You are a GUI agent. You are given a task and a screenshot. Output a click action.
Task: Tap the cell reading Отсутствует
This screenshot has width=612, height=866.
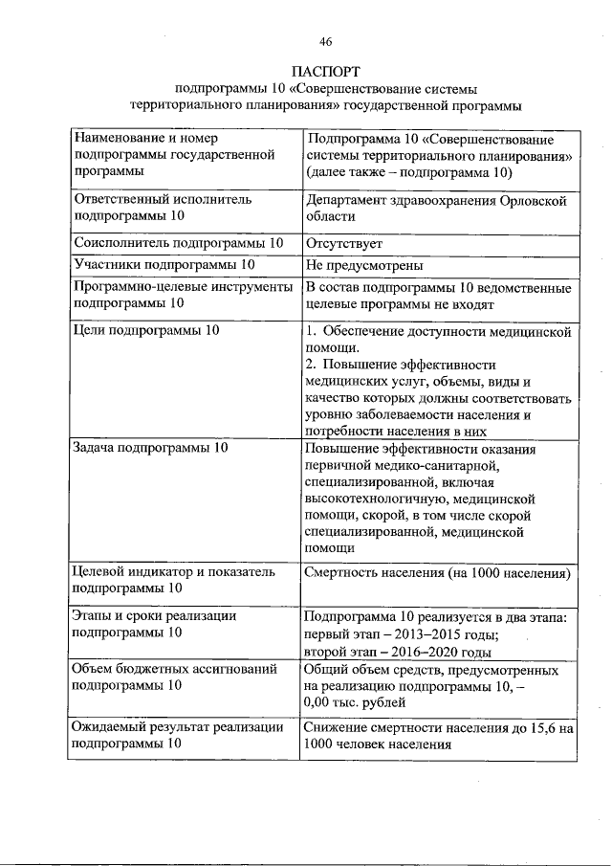pos(343,243)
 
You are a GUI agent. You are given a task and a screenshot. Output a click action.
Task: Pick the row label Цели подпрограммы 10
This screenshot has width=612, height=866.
pos(146,330)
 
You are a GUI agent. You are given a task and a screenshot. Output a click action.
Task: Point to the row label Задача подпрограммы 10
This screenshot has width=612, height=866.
pos(151,448)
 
